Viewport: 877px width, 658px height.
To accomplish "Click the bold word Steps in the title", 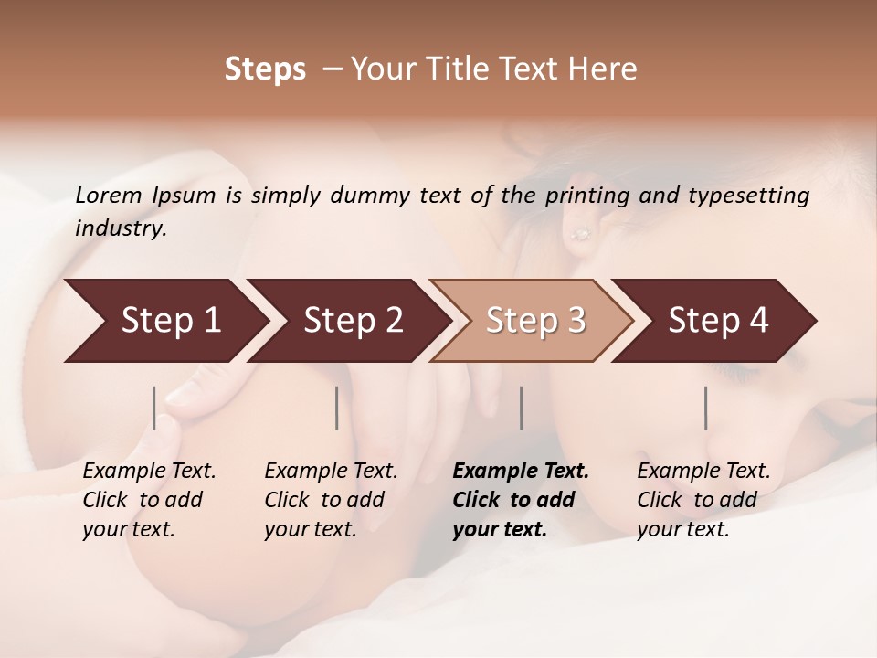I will (x=265, y=69).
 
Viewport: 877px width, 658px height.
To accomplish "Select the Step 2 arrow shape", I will (x=353, y=321).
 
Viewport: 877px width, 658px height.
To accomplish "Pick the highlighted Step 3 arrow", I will (x=534, y=321).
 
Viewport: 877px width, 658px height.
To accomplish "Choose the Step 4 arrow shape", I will (x=718, y=321).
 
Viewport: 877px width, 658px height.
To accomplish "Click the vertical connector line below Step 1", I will (x=154, y=408).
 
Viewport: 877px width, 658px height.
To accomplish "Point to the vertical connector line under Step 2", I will (x=337, y=408).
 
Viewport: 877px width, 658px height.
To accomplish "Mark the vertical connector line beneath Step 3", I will (x=521, y=408).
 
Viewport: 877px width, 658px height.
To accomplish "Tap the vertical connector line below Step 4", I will (x=705, y=408).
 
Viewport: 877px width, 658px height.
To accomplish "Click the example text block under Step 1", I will (x=149, y=500).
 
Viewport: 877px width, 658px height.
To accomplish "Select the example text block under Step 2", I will (x=331, y=500).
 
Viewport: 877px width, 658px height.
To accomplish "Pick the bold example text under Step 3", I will (x=521, y=500).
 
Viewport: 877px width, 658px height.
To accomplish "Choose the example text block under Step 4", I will (x=703, y=500).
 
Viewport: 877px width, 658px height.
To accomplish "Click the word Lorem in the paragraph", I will (x=109, y=195).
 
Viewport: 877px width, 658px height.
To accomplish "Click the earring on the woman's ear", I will (x=579, y=235).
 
